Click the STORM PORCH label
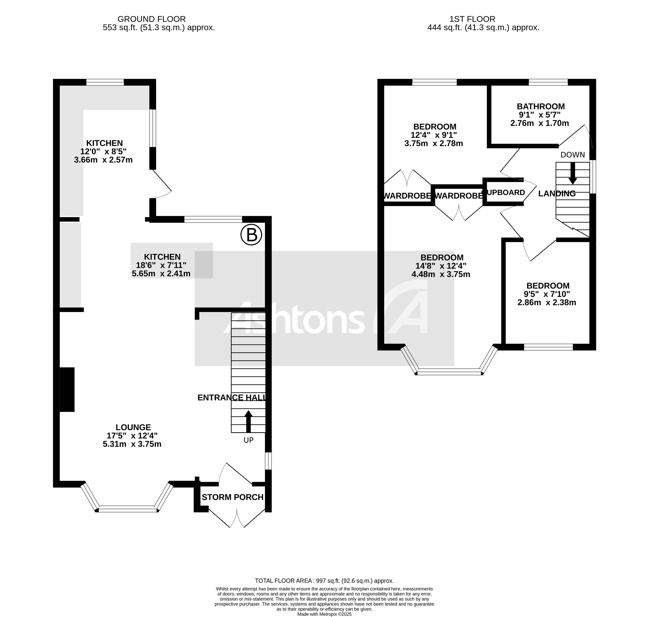pyautogui.click(x=233, y=497)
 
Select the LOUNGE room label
pyautogui.click(x=133, y=427)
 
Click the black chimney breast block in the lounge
pyautogui.click(x=67, y=389)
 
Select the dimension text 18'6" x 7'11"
pyautogui.click(x=161, y=265)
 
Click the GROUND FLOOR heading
pyautogui.click(x=152, y=19)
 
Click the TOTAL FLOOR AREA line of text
pyautogui.click(x=324, y=581)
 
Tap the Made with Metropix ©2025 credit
pyautogui.click(x=324, y=614)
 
